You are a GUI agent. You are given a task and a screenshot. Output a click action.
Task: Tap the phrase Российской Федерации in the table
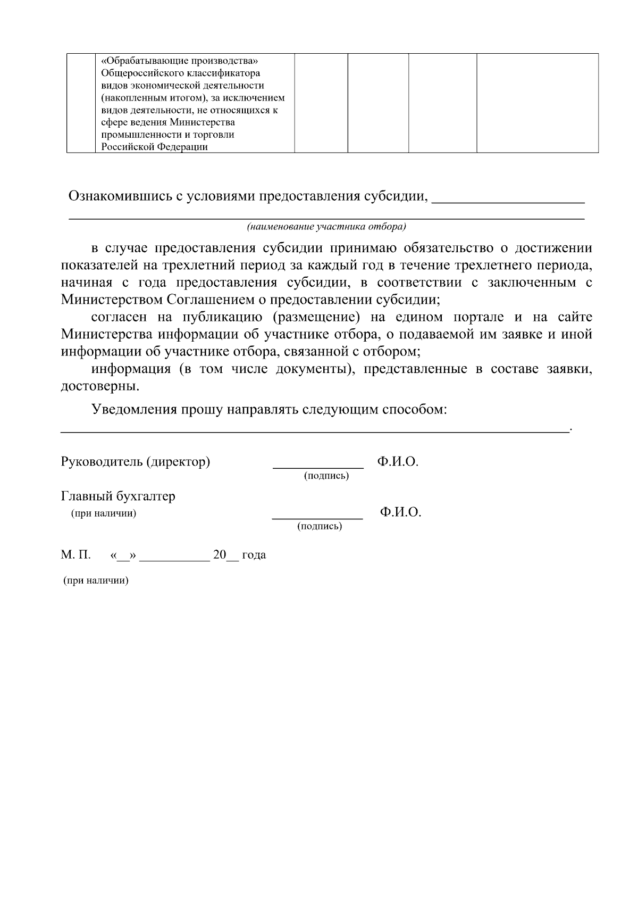click(x=154, y=147)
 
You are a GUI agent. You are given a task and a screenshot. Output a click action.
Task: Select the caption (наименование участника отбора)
click(x=326, y=227)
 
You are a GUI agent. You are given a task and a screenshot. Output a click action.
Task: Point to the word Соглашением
click(x=206, y=300)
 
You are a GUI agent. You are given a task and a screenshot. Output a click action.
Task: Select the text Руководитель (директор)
click(x=136, y=462)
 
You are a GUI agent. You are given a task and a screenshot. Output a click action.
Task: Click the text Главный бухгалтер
click(x=118, y=496)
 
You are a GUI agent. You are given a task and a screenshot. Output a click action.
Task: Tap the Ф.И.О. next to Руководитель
click(x=398, y=462)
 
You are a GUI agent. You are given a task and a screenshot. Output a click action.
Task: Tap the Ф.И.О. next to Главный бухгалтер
click(x=400, y=512)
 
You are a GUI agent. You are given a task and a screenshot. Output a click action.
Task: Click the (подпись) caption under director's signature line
click(x=326, y=476)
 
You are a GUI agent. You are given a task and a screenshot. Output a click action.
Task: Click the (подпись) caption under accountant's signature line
click(x=319, y=527)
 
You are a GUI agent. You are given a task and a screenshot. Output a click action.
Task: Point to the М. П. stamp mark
click(x=75, y=555)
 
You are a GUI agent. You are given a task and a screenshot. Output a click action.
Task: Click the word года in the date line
click(x=254, y=555)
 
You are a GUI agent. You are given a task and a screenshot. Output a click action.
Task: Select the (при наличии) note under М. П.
click(x=96, y=581)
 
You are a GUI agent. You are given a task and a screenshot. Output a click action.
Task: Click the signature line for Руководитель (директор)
click(x=318, y=467)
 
